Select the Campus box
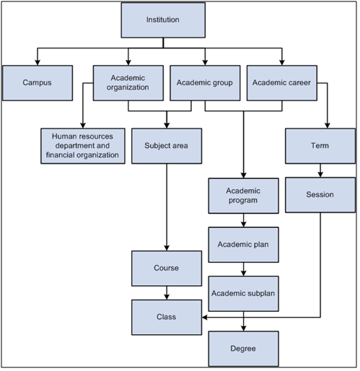coord(37,83)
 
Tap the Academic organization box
coord(129,83)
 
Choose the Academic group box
coord(205,83)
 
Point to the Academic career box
coord(282,83)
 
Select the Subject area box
coord(167,145)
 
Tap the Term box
coord(318,145)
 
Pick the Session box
coord(318,195)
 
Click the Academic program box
coord(243,196)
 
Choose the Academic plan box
coord(243,245)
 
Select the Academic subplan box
coord(243,294)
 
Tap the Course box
coord(167,268)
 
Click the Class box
coord(167,316)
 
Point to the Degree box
coord(243,349)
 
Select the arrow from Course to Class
coord(167,292)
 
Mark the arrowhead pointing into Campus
coord(37,62)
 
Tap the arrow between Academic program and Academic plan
coord(243,220)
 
